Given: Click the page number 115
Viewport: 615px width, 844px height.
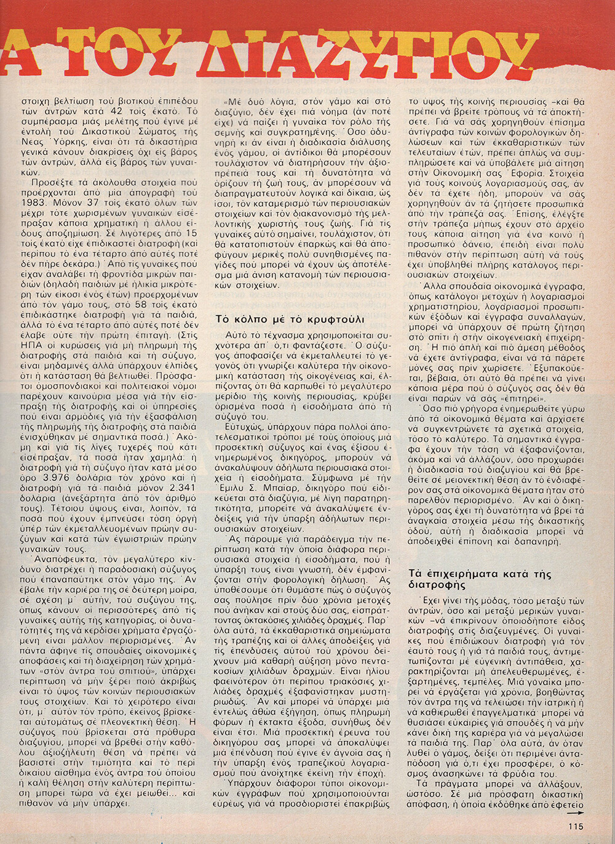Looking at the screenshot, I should point(575,826).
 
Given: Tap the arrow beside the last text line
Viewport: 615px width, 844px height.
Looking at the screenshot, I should point(576,811).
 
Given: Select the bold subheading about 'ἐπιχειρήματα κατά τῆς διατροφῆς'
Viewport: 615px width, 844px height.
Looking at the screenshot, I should point(480,579).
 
